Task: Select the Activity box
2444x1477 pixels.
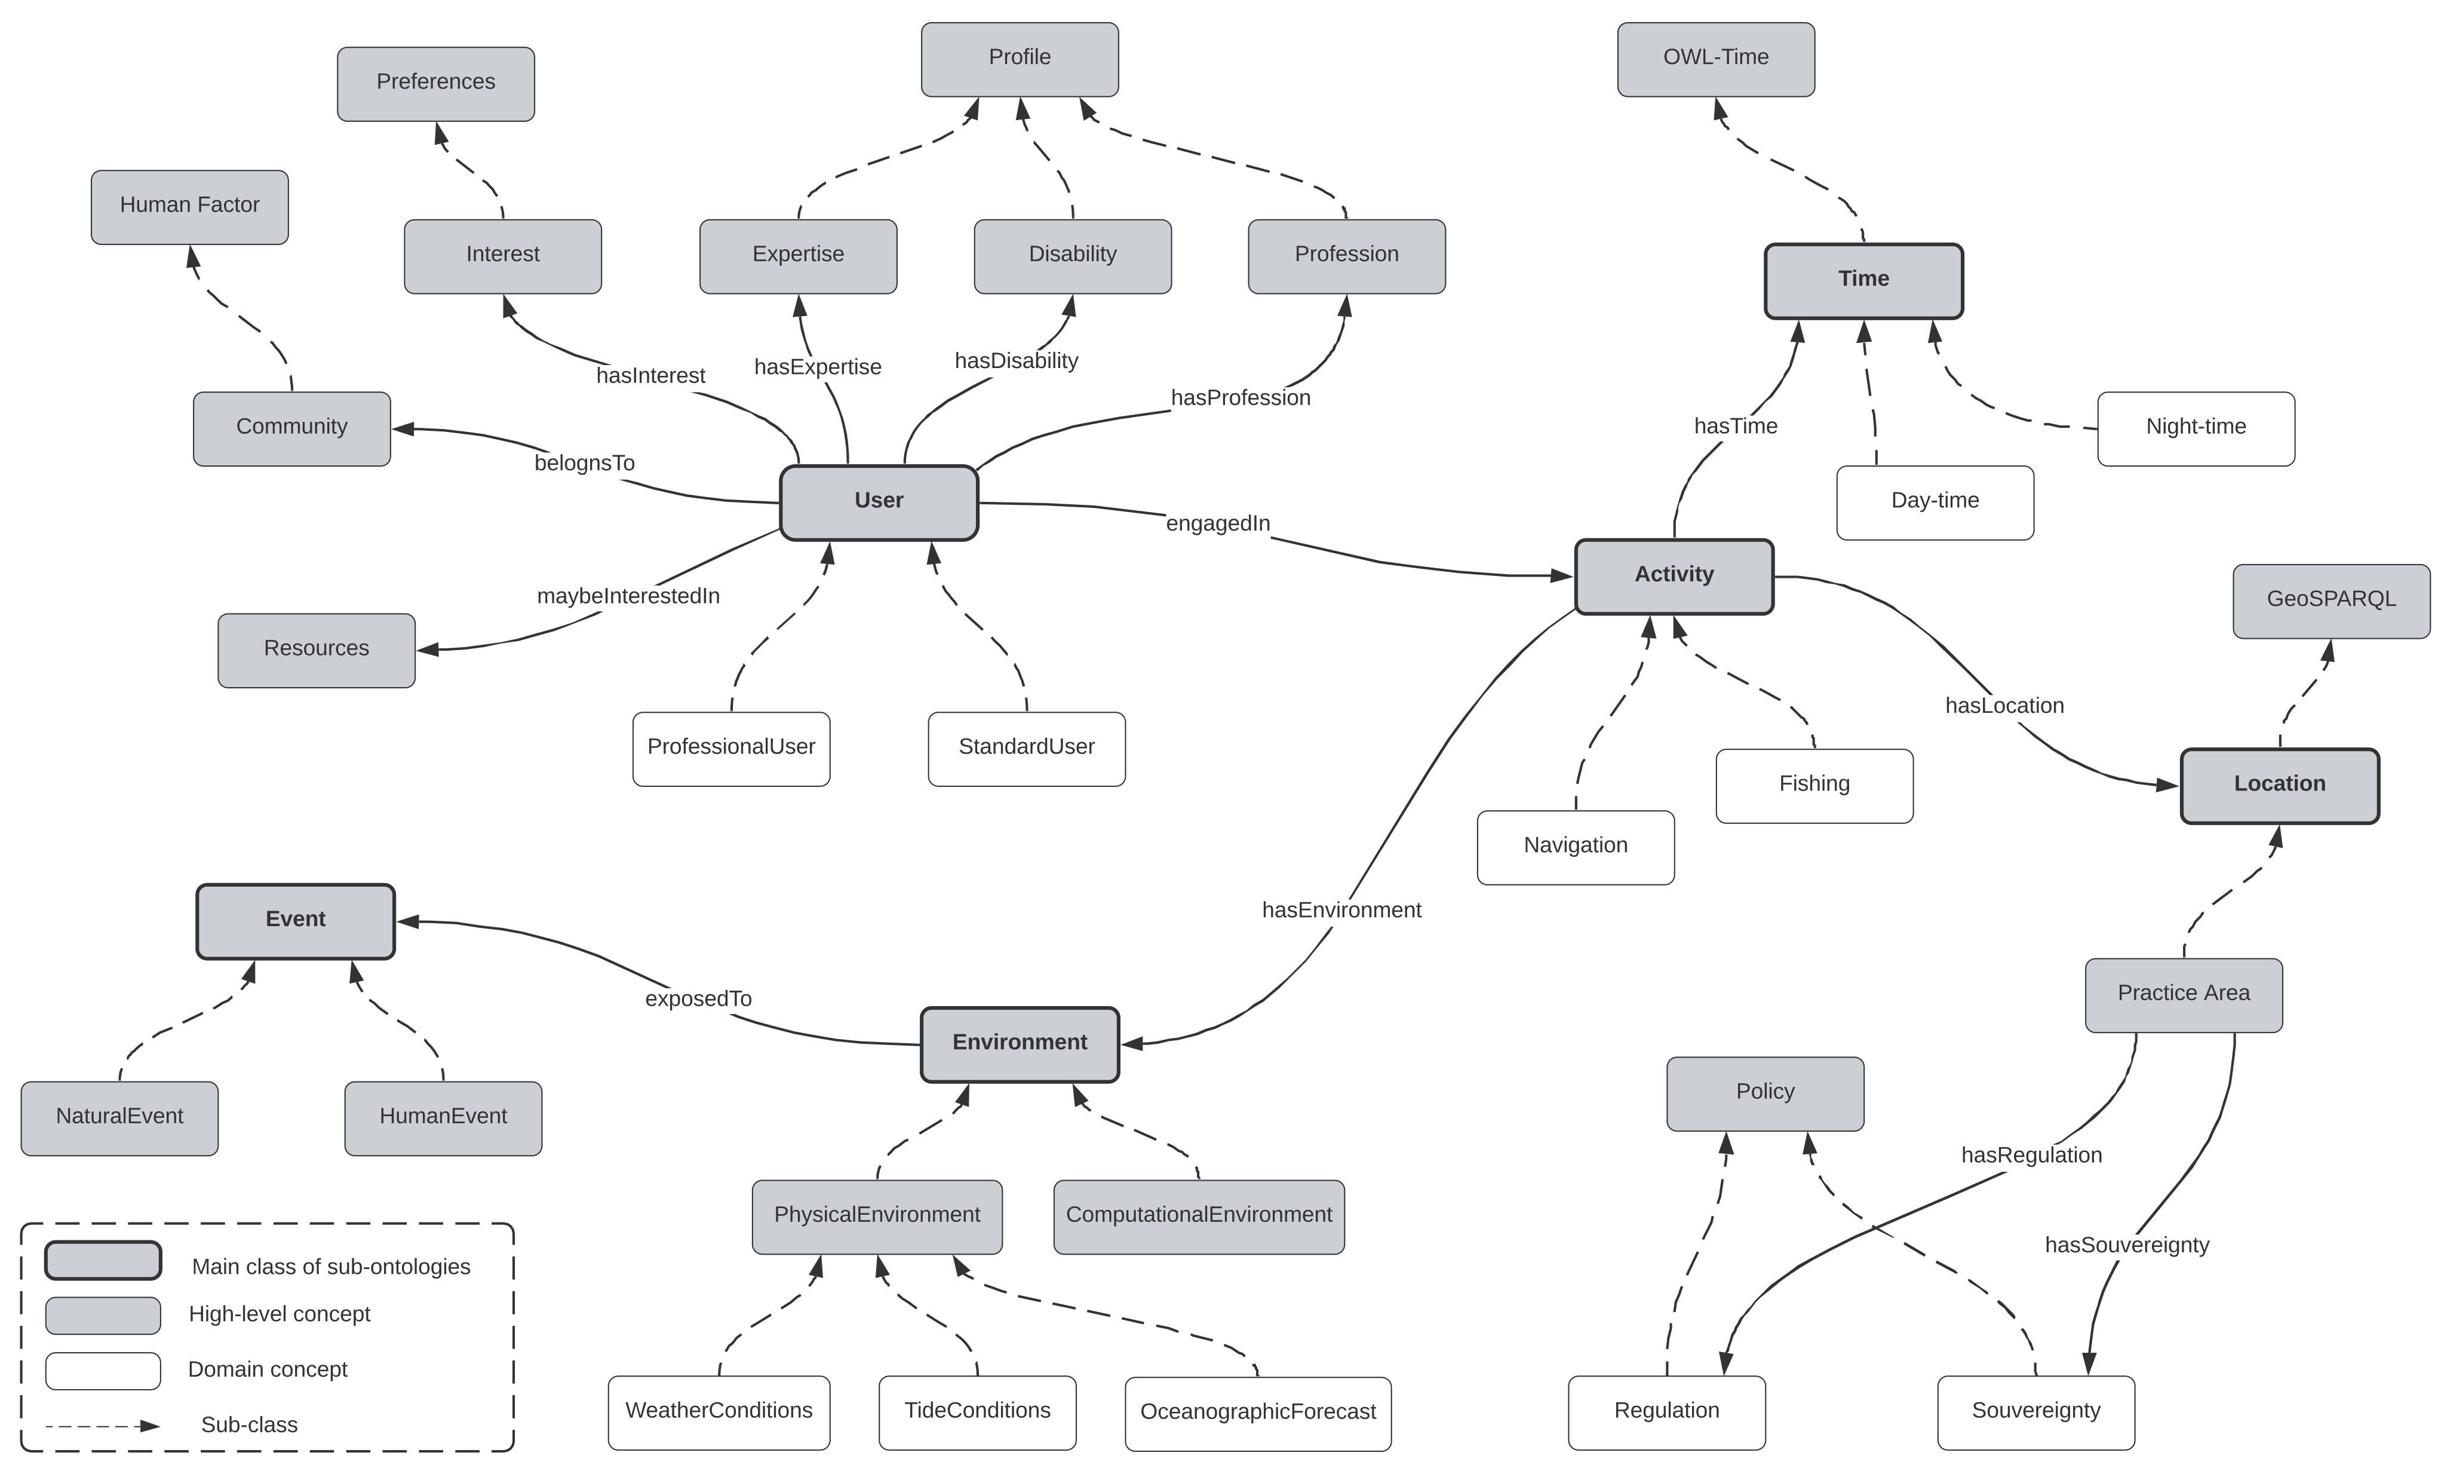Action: point(1674,575)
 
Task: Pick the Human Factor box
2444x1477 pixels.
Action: point(189,206)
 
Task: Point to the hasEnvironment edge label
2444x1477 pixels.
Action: point(1341,911)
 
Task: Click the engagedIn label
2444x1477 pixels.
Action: point(1217,524)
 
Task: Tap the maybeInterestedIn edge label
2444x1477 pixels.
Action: point(628,596)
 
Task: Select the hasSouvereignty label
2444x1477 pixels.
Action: point(2127,1246)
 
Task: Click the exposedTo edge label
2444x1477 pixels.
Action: point(698,1000)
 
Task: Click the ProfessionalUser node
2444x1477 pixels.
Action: point(731,748)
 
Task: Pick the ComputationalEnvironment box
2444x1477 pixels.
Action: point(1198,1216)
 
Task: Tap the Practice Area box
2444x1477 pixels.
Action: point(2183,994)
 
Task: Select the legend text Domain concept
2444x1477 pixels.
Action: point(268,1371)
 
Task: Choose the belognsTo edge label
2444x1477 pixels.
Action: point(584,463)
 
